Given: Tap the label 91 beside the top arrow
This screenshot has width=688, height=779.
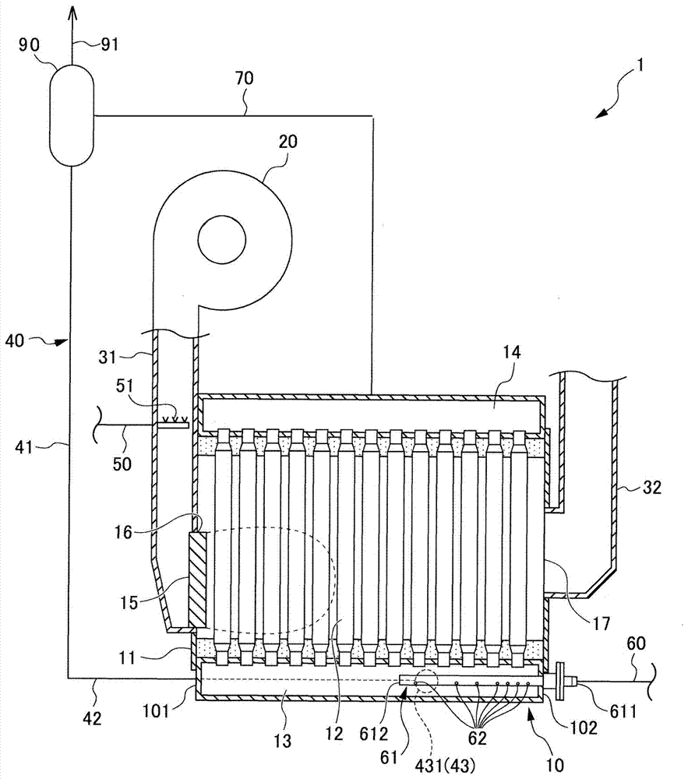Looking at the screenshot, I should pyautogui.click(x=110, y=44).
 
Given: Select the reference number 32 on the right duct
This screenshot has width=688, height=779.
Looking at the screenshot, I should pyautogui.click(x=652, y=488).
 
